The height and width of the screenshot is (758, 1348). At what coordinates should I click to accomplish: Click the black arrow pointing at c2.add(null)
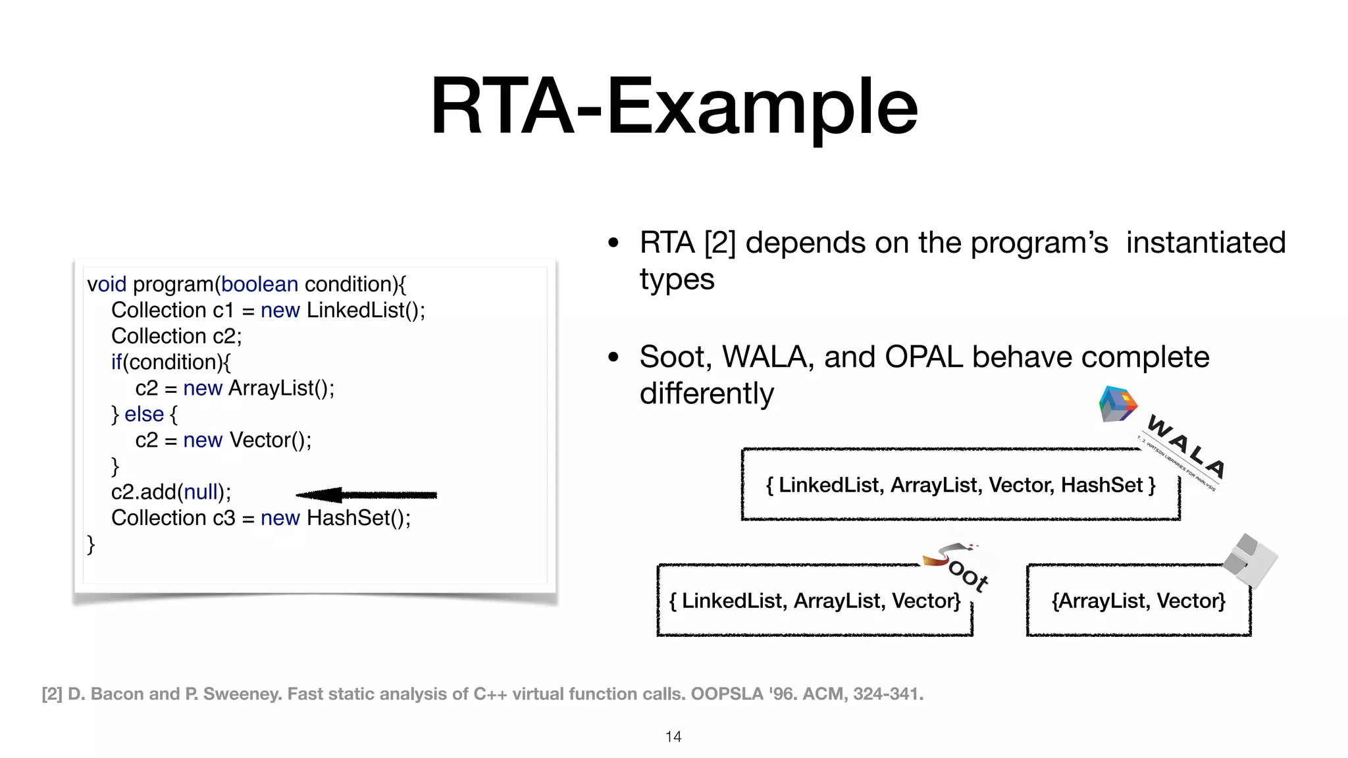(x=366, y=495)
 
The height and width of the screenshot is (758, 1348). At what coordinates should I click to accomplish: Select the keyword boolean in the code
(x=259, y=284)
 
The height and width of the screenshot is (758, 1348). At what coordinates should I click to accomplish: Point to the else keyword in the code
(x=143, y=414)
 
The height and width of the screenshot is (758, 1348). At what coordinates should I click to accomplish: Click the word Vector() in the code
(x=270, y=440)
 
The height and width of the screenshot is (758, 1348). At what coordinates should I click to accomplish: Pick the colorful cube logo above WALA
(x=1117, y=404)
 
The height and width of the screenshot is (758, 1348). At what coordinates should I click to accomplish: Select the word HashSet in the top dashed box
(x=1101, y=485)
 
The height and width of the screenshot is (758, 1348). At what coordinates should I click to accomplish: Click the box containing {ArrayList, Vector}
(x=1138, y=601)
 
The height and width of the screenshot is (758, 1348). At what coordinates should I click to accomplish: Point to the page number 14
(x=673, y=737)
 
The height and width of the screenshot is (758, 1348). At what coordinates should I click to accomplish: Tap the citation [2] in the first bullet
(x=719, y=243)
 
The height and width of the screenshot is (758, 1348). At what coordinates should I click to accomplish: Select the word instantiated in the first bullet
(x=1205, y=243)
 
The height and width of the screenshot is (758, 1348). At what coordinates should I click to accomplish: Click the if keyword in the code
(x=117, y=362)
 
